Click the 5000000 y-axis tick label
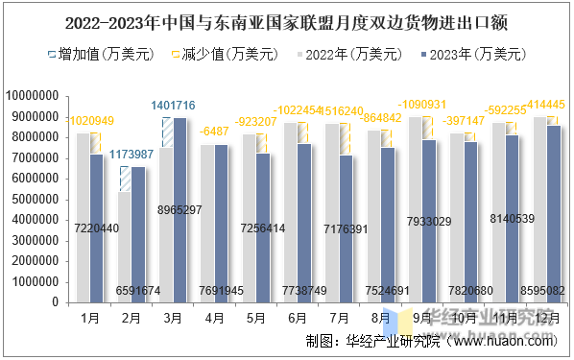37,200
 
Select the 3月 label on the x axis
173,317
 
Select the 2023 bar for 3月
179,210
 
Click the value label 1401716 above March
173,105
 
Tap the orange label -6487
214,132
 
